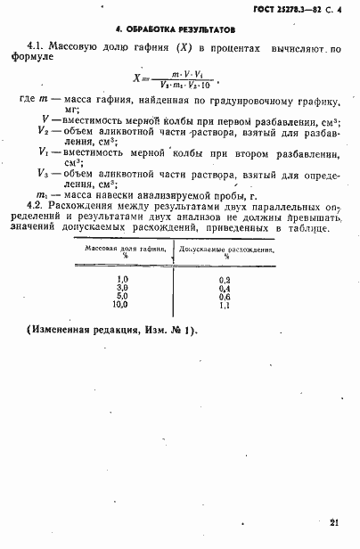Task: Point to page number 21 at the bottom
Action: coord(332,525)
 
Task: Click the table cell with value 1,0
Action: coord(122,280)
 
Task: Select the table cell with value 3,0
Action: coord(122,288)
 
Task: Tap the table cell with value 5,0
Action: coord(122,296)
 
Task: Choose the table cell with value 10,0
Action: coord(121,304)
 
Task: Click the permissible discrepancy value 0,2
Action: coord(225,280)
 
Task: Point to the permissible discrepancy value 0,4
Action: coord(225,288)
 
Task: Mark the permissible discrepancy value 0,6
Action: coord(225,296)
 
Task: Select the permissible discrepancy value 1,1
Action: coord(225,304)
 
